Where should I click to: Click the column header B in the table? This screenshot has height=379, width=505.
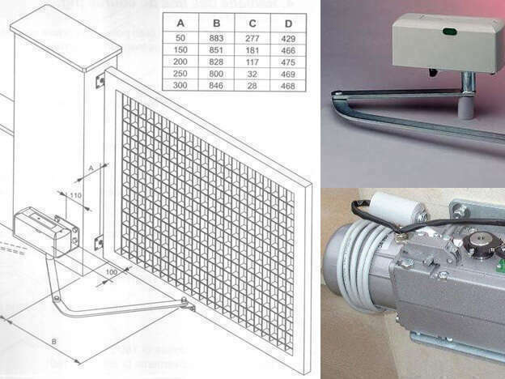coord(216,23)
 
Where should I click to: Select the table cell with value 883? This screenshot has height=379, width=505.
coord(216,37)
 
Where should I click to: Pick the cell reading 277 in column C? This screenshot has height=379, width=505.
coord(250,37)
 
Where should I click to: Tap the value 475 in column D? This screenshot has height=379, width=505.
coord(286,61)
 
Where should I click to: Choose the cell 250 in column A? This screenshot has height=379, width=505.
coord(180,73)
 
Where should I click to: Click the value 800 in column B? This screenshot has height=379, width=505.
coord(216,73)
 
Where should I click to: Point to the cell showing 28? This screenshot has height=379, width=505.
coord(250,84)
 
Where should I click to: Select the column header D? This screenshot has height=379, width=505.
coord(286,23)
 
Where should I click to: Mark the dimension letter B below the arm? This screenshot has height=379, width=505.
coord(53,342)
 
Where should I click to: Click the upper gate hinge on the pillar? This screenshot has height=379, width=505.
coord(100,81)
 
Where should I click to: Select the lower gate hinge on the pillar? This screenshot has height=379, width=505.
coord(99,241)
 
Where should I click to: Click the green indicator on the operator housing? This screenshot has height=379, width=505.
coord(450,32)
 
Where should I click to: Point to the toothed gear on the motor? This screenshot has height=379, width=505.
coord(482,242)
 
